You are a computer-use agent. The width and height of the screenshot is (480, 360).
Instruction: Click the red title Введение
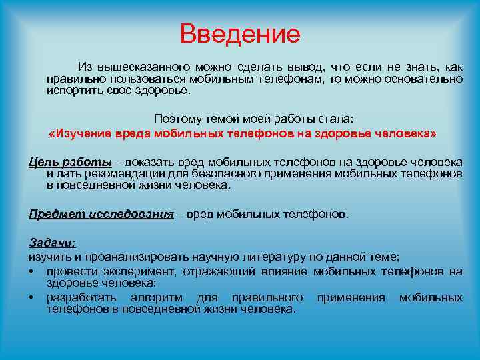click(x=240, y=34)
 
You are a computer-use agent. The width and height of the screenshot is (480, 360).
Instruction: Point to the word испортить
click(x=71, y=90)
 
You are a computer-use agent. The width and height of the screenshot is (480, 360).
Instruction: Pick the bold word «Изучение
click(x=79, y=134)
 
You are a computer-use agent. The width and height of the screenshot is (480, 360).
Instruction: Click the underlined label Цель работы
click(x=70, y=163)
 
